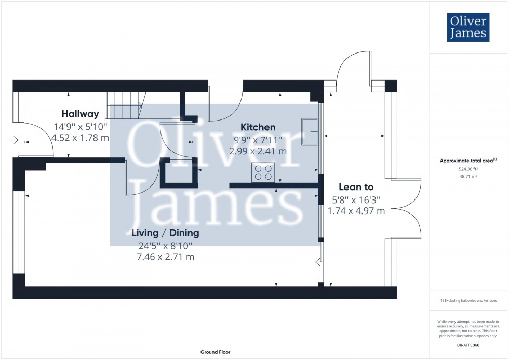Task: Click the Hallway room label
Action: (x=80, y=114)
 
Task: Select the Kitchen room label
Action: (x=258, y=127)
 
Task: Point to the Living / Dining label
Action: (x=165, y=233)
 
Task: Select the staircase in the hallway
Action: (x=125, y=106)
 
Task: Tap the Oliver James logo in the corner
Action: (x=468, y=28)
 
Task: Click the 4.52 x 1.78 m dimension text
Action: (x=80, y=138)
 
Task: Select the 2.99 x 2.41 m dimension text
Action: (x=258, y=151)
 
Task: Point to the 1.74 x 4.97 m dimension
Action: (x=356, y=211)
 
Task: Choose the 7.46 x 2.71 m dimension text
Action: (x=165, y=257)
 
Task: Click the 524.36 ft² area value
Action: (x=468, y=169)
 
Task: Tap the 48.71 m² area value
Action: (x=468, y=176)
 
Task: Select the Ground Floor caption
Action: (x=215, y=352)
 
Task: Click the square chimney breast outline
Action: (x=179, y=172)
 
